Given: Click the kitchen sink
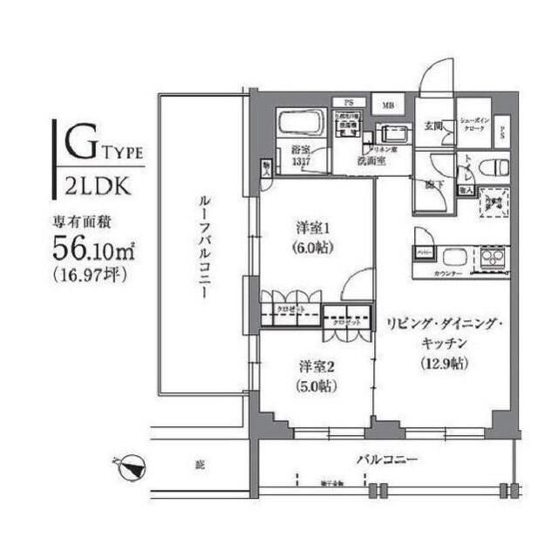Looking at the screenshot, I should (453, 257).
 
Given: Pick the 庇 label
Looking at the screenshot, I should (200, 466).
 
